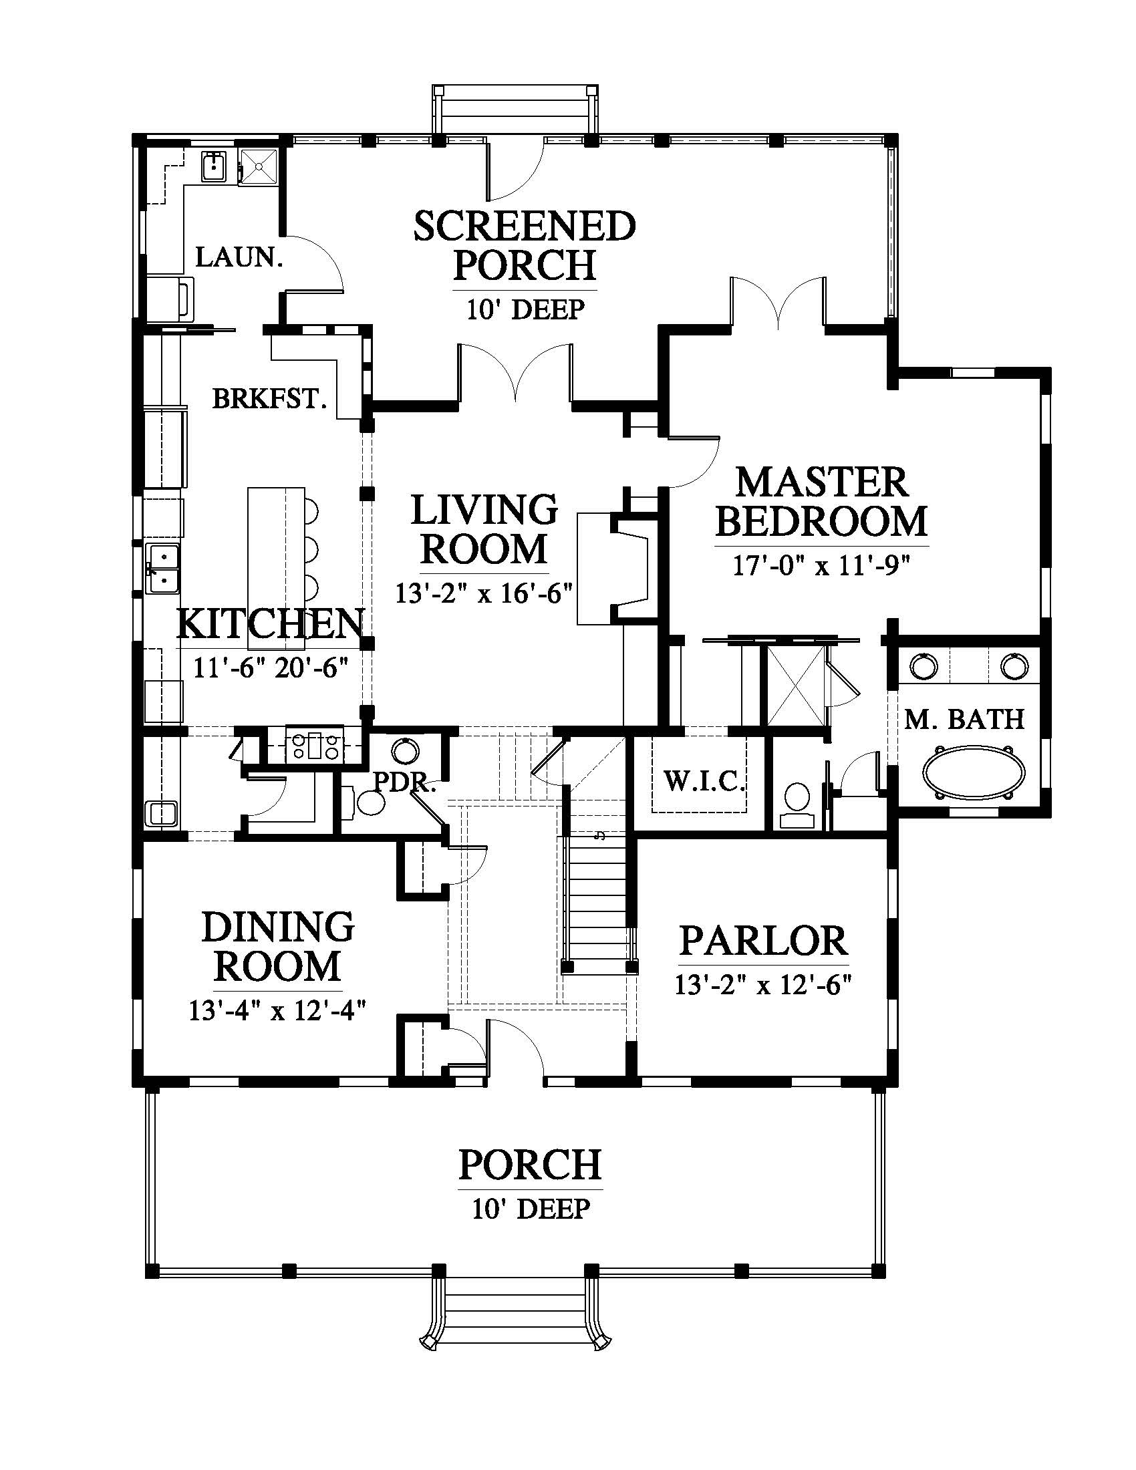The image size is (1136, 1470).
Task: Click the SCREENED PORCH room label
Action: pyautogui.click(x=525, y=246)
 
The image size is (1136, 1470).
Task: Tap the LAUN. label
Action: pyautogui.click(x=239, y=257)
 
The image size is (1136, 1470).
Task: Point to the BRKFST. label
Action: pyautogui.click(x=270, y=399)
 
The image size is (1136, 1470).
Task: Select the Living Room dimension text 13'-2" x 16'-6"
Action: pyautogui.click(x=484, y=593)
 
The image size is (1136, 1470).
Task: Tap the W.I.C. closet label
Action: pyautogui.click(x=704, y=782)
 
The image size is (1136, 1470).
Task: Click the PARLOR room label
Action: pyautogui.click(x=763, y=941)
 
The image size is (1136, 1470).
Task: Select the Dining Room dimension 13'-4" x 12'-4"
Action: pyautogui.click(x=277, y=1011)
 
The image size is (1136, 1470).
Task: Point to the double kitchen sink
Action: pyautogui.click(x=164, y=569)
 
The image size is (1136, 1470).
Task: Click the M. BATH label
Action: pyautogui.click(x=964, y=720)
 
